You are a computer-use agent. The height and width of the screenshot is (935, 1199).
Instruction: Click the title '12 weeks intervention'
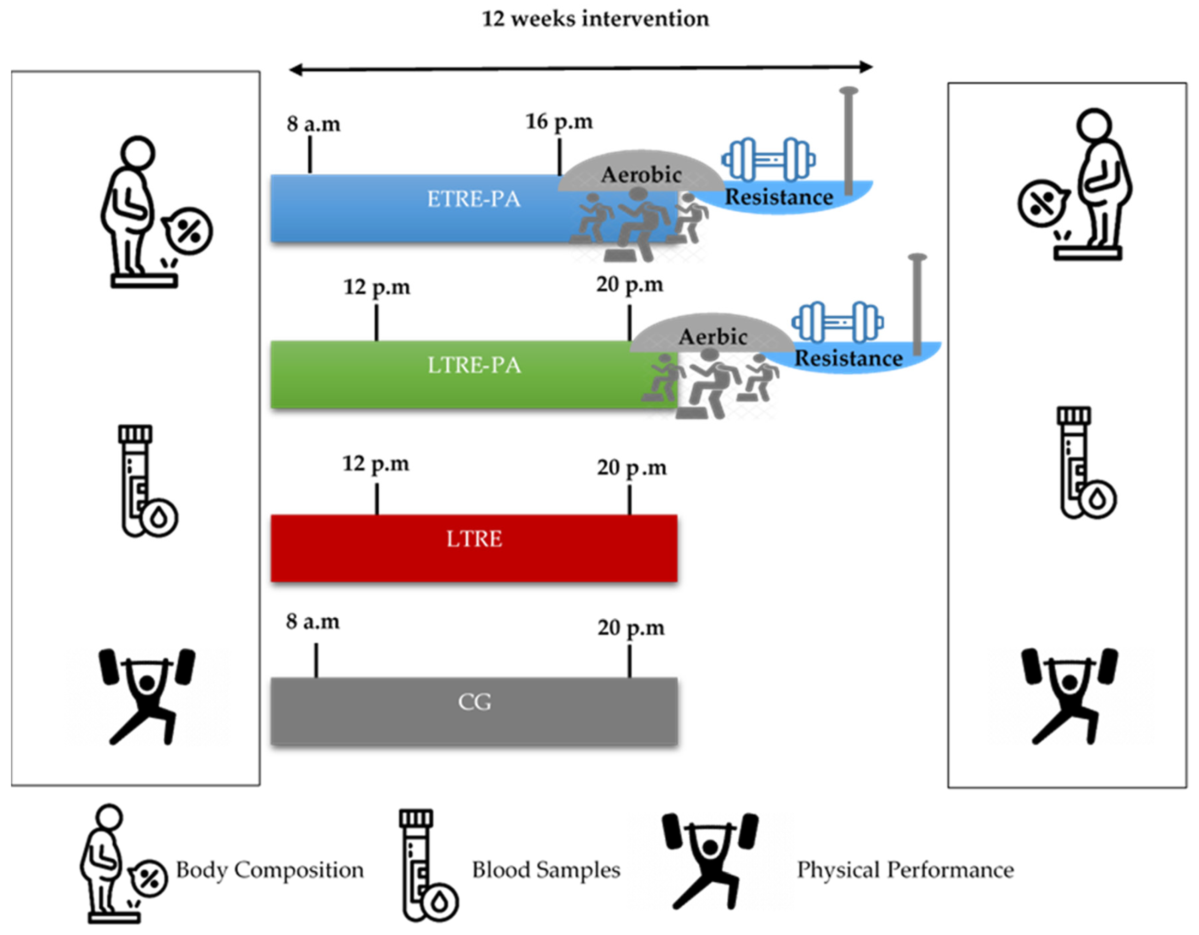(595, 19)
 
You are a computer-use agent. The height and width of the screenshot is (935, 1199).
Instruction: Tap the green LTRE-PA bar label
(474, 365)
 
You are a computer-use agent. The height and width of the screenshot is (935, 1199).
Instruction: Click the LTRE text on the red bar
(474, 539)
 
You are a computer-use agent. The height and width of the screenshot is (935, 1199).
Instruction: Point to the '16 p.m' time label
(559, 122)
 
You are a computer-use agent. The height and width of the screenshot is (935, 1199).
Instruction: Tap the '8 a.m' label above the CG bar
(313, 622)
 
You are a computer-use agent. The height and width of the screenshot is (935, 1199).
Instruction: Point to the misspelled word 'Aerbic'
(712, 337)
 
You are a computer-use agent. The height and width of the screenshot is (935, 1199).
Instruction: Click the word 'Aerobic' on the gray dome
(641, 175)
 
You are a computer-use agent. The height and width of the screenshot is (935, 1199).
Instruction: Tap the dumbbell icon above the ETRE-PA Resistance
(768, 159)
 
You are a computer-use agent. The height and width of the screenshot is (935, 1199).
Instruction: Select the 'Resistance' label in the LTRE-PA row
(849, 359)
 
